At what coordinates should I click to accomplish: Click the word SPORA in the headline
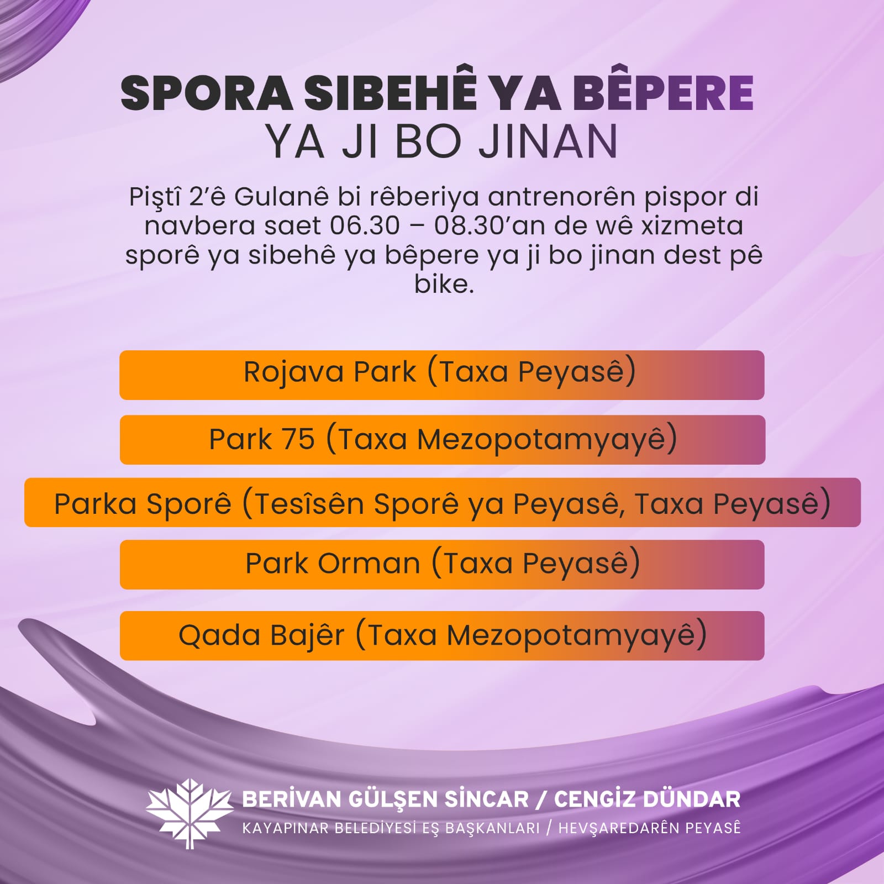[207, 93]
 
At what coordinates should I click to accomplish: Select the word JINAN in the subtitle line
[548, 141]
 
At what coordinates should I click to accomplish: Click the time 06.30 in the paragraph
[365, 226]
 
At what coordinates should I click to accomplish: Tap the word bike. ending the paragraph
[444, 285]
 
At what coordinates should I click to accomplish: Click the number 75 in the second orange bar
[298, 440]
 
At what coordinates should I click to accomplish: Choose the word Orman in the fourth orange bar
[369, 564]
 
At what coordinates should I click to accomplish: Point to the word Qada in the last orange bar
[219, 635]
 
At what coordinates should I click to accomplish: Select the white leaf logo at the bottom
[190, 813]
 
